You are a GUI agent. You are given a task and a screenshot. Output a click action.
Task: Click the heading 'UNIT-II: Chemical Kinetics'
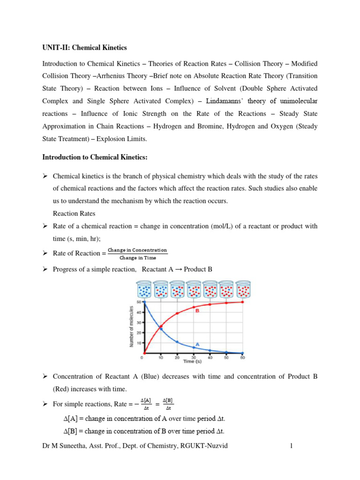[84, 48]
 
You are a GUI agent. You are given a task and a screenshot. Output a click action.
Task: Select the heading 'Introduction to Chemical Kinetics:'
[95, 157]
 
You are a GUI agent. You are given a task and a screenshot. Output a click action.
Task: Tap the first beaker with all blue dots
[144, 290]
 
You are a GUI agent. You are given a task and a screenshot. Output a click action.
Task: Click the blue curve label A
[197, 344]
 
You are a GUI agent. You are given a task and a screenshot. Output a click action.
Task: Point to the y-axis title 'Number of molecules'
[132, 327]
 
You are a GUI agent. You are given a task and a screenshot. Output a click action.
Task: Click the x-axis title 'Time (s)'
[193, 362]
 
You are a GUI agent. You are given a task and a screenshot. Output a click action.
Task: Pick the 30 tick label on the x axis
[193, 358]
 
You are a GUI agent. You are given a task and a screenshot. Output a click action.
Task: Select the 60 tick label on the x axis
[243, 358]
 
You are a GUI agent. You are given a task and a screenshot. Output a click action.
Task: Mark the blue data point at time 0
[143, 302]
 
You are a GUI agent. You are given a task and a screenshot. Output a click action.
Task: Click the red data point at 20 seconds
[177, 313]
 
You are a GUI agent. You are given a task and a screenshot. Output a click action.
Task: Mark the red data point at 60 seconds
[243, 302]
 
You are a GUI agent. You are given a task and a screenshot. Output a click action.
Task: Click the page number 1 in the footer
[291, 446]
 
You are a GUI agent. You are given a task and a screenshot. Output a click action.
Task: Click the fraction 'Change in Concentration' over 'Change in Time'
[137, 254]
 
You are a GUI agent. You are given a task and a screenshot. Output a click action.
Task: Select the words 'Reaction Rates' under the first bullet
[74, 213]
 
